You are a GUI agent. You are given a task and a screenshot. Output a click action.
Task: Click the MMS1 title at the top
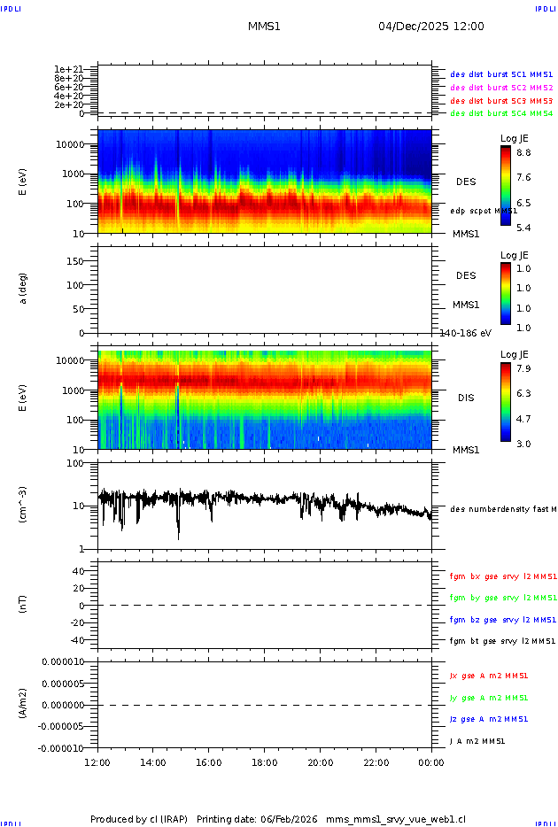click(264, 27)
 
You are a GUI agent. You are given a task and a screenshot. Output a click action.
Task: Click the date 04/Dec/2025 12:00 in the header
click(431, 27)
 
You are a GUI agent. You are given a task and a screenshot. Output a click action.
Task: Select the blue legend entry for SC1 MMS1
click(501, 75)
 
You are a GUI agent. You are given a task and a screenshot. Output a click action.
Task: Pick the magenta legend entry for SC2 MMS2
click(501, 88)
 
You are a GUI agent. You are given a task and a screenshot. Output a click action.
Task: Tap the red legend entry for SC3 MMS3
click(501, 101)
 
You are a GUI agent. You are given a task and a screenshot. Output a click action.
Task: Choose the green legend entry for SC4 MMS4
click(501, 113)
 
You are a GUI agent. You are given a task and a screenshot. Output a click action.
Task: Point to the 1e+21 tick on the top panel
click(67, 69)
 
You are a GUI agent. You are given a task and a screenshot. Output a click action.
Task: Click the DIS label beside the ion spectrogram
click(466, 398)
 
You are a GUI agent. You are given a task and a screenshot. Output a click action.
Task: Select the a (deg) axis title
click(25, 289)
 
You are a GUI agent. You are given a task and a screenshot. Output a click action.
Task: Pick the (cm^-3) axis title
click(25, 506)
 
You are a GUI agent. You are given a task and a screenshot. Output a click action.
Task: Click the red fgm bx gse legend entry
click(503, 576)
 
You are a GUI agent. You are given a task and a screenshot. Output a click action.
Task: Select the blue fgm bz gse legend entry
click(503, 620)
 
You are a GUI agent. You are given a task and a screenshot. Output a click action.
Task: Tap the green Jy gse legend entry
click(489, 698)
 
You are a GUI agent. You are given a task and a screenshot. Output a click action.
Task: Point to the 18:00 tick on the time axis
click(264, 762)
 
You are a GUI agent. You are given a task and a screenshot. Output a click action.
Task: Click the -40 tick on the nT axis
click(78, 640)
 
